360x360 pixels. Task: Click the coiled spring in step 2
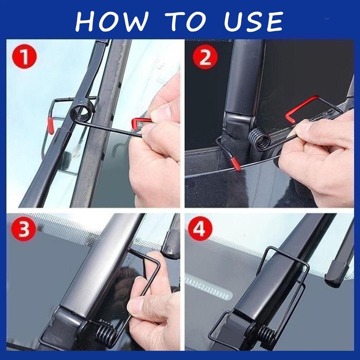pyautogui.click(x=260, y=139)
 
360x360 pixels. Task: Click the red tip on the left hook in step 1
pyautogui.click(x=51, y=126)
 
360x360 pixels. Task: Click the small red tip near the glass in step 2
pyautogui.click(x=236, y=164)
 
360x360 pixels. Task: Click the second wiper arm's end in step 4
pyautogui.click(x=336, y=276)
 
